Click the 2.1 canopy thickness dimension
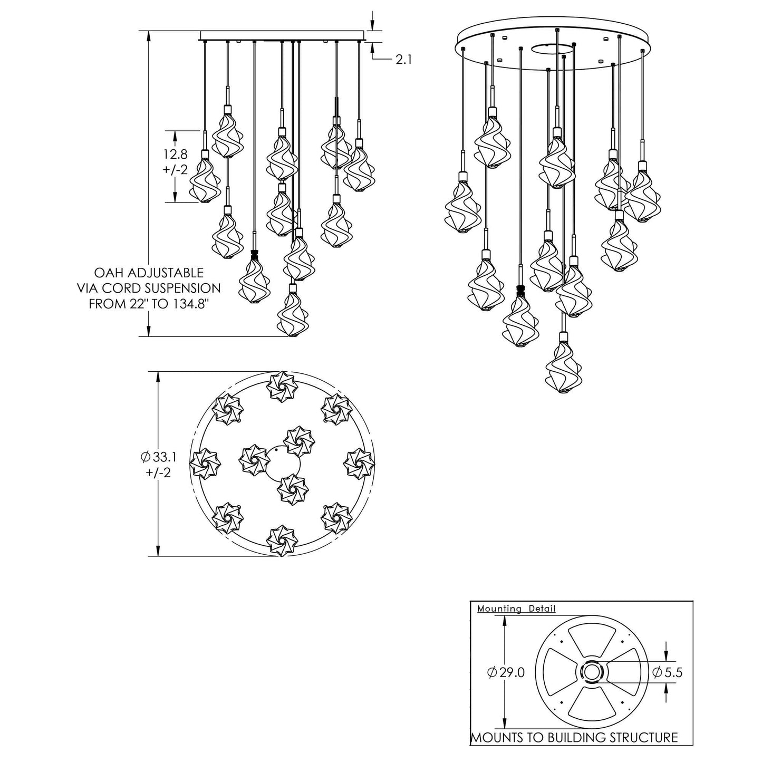[403, 59]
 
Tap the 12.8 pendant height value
[175, 153]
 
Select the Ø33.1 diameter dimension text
[159, 457]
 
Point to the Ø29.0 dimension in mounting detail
[506, 672]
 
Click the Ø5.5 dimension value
[668, 672]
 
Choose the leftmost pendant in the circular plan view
[206, 464]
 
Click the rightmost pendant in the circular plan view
[359, 464]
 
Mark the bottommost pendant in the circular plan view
[282, 541]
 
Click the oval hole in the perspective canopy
[553, 49]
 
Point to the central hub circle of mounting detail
[591, 672]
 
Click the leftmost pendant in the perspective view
[462, 204]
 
